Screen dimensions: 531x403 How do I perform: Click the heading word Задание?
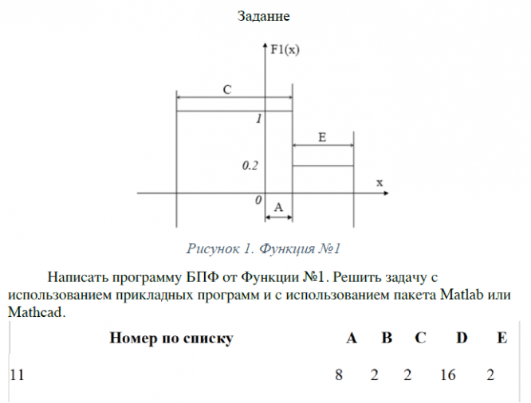click(264, 15)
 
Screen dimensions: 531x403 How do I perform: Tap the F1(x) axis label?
click(285, 49)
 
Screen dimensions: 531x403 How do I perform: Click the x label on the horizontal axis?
click(380, 182)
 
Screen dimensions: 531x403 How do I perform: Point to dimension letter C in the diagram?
click(227, 90)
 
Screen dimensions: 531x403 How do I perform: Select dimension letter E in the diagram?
click(322, 137)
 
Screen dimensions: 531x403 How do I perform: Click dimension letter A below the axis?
click(277, 207)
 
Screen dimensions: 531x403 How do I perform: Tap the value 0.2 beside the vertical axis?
click(250, 166)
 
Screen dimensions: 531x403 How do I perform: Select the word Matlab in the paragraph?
click(464, 295)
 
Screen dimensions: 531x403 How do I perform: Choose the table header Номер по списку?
click(171, 338)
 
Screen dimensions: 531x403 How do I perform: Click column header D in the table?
click(462, 338)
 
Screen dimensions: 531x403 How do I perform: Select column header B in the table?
click(387, 338)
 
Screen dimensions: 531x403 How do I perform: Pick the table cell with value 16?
click(447, 374)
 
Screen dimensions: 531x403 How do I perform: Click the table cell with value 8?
click(339, 374)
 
